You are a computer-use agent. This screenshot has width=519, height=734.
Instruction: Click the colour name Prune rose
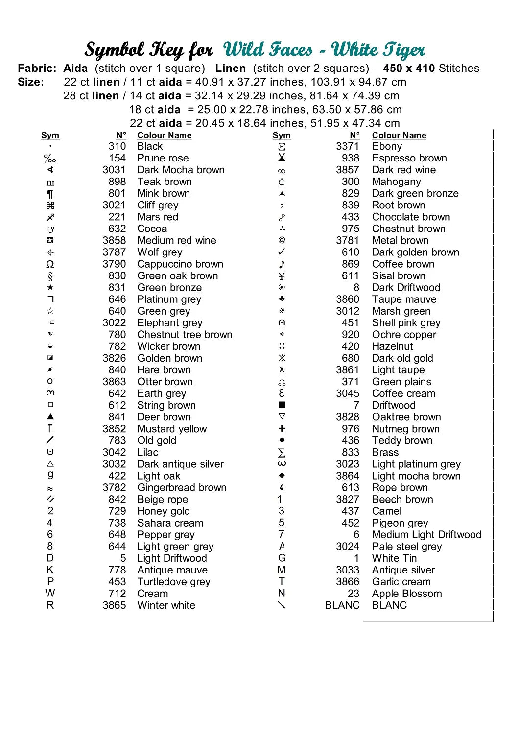pyautogui.click(x=163, y=158)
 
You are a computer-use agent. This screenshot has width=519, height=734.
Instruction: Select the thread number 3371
pyautogui.click(x=347, y=146)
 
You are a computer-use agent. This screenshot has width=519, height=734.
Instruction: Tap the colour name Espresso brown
pyautogui.click(x=409, y=158)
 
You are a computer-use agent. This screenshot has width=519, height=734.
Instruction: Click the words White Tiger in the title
pyautogui.click(x=378, y=49)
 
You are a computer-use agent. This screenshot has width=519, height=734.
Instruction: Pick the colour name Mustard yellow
pyautogui.click(x=172, y=429)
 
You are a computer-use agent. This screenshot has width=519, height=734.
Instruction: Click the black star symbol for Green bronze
pyautogui.click(x=50, y=287)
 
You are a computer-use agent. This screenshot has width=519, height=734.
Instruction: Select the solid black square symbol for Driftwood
pyautogui.click(x=282, y=405)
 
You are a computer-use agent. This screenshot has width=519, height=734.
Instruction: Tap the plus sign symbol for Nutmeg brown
pyautogui.click(x=282, y=429)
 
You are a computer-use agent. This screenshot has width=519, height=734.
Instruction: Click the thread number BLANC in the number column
pyautogui.click(x=342, y=605)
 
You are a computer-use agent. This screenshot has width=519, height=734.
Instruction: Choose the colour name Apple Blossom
pyautogui.click(x=407, y=594)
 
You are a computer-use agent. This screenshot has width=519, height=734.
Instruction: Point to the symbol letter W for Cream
pyautogui.click(x=50, y=593)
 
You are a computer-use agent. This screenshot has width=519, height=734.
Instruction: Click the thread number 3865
pyautogui.click(x=114, y=605)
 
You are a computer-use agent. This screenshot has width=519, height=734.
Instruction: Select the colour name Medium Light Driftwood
pyautogui.click(x=426, y=535)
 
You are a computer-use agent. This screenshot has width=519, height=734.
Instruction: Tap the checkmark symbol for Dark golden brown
pyautogui.click(x=282, y=252)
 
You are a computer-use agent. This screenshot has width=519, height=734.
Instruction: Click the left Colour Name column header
pyautogui.click(x=164, y=135)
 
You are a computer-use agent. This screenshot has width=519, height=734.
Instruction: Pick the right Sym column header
pyautogui.click(x=282, y=135)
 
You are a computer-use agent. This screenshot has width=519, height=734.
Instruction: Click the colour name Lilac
pyautogui.click(x=148, y=452)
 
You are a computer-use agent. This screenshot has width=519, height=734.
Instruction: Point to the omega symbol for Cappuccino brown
pyautogui.click(x=50, y=264)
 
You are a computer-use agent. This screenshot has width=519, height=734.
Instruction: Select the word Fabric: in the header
pyautogui.click(x=37, y=68)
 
